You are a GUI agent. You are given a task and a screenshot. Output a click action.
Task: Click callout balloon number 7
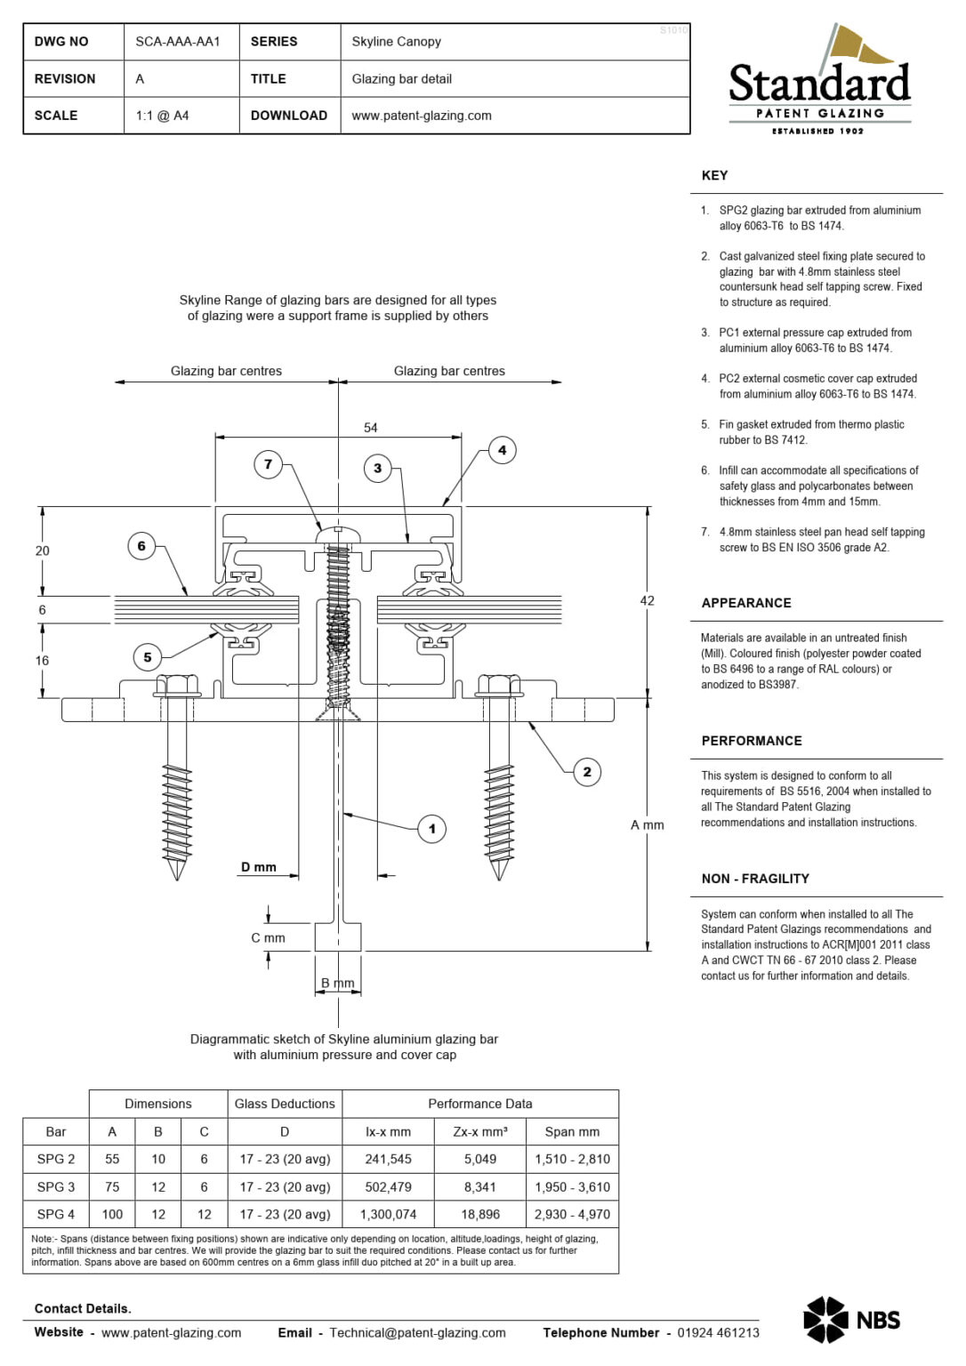pos(268,464)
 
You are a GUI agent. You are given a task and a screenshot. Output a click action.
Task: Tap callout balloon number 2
pos(586,772)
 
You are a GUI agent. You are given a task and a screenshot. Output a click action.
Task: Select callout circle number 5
pos(148,657)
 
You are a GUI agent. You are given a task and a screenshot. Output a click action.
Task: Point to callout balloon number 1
pos(432,829)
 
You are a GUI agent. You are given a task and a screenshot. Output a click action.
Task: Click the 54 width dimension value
pos(371,428)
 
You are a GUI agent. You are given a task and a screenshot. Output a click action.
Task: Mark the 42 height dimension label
pos(647,600)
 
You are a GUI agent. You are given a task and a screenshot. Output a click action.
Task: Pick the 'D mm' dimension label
pos(259,867)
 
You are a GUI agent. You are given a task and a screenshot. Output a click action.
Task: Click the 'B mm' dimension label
pos(338,983)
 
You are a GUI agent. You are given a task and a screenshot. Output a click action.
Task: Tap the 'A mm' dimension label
pos(647,825)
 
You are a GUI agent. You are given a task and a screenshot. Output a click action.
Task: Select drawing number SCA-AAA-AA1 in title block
pos(178,42)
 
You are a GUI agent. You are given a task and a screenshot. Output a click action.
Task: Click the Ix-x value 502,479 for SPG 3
pos(388,1186)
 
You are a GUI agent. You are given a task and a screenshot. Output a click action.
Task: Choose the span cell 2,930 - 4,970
pos(572,1214)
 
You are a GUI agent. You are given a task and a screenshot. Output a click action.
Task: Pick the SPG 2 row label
pos(56,1159)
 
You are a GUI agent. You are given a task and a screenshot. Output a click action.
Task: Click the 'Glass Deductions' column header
pos(285,1104)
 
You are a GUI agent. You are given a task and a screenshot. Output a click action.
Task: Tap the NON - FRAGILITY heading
pos(755,879)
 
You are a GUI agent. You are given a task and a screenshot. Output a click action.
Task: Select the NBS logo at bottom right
pos(851,1320)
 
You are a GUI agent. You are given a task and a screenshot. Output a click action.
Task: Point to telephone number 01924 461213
pos(718,1332)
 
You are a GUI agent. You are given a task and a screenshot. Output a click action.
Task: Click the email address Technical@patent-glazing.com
pos(417,1332)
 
